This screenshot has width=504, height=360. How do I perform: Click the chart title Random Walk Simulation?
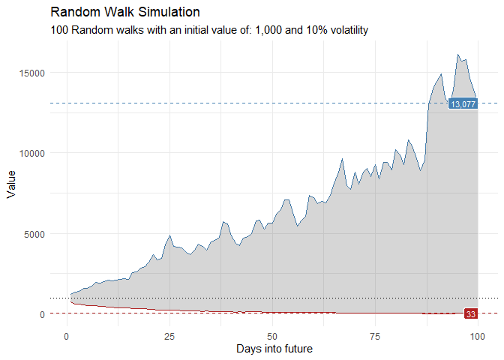[x=125, y=13]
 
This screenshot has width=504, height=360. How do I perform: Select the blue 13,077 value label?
[x=463, y=104]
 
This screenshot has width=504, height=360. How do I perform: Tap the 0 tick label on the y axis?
[x=43, y=313]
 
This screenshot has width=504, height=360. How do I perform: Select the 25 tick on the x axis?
[x=169, y=335]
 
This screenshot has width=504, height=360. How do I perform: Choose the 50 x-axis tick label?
[x=272, y=335]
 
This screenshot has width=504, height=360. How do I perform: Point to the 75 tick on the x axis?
[x=375, y=335]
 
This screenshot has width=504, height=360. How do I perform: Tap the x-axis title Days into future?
[x=274, y=349]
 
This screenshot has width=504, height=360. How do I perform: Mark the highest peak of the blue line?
[x=457, y=54]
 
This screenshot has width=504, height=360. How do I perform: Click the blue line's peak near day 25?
[x=170, y=235]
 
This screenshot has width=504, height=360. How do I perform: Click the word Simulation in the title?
[x=167, y=13]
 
